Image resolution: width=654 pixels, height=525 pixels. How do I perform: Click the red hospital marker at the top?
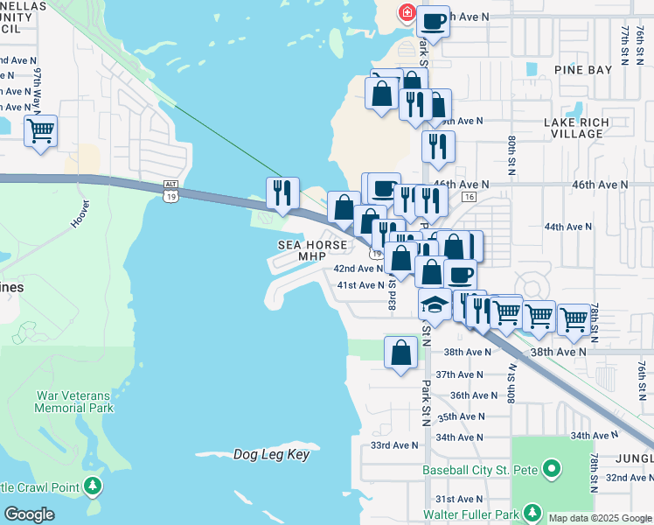point(407,12)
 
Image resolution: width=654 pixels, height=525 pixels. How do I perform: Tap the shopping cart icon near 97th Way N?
point(40,131)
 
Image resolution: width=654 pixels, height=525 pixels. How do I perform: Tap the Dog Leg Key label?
point(271,454)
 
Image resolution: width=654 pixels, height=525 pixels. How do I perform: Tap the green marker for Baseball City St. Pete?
point(551,471)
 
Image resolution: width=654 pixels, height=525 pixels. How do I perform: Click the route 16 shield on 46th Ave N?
point(469,198)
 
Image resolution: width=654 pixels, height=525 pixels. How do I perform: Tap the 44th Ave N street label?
point(568,227)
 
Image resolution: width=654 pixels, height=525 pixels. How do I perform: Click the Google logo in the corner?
point(29,514)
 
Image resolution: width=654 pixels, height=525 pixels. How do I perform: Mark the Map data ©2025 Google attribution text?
point(600,518)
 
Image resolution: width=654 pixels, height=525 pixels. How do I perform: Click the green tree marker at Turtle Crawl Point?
point(94,486)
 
